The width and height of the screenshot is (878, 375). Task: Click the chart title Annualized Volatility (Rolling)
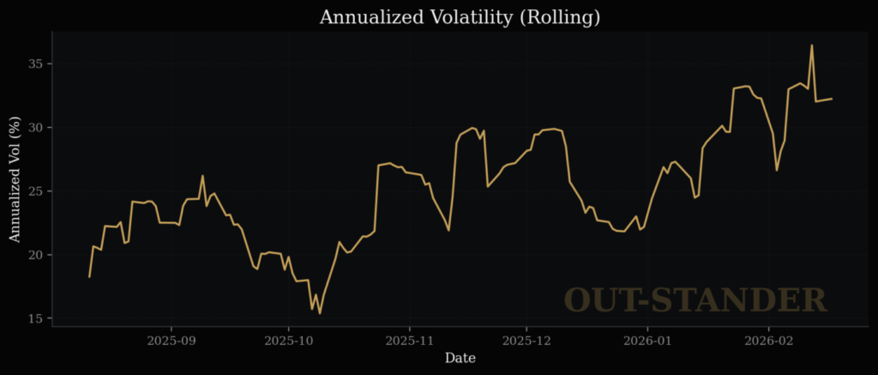point(460,17)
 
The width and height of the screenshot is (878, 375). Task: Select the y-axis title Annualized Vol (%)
point(15,179)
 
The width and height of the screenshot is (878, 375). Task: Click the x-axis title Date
point(460,358)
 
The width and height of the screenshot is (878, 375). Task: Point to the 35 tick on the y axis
point(35,64)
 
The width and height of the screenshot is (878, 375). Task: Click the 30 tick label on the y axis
point(35,128)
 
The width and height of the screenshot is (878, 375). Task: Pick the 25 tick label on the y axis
point(35,191)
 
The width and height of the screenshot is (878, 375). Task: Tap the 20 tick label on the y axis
point(35,255)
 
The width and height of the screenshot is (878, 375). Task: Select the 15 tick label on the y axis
point(35,318)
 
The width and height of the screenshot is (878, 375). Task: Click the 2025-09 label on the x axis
point(171,340)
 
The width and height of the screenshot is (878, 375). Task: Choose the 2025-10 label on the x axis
point(289,340)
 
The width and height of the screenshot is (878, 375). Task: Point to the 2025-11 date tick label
point(409,340)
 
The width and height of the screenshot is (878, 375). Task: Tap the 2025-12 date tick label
point(526,340)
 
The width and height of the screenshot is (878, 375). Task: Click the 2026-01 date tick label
point(647,340)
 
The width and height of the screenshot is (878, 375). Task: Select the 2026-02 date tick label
point(768,340)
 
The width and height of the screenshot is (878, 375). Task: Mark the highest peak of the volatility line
point(811,45)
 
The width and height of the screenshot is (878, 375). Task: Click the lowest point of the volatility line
point(320,313)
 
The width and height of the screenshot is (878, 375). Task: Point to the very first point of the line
point(89,276)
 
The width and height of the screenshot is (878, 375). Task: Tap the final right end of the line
point(832,99)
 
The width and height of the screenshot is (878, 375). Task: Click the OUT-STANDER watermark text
point(695,300)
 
